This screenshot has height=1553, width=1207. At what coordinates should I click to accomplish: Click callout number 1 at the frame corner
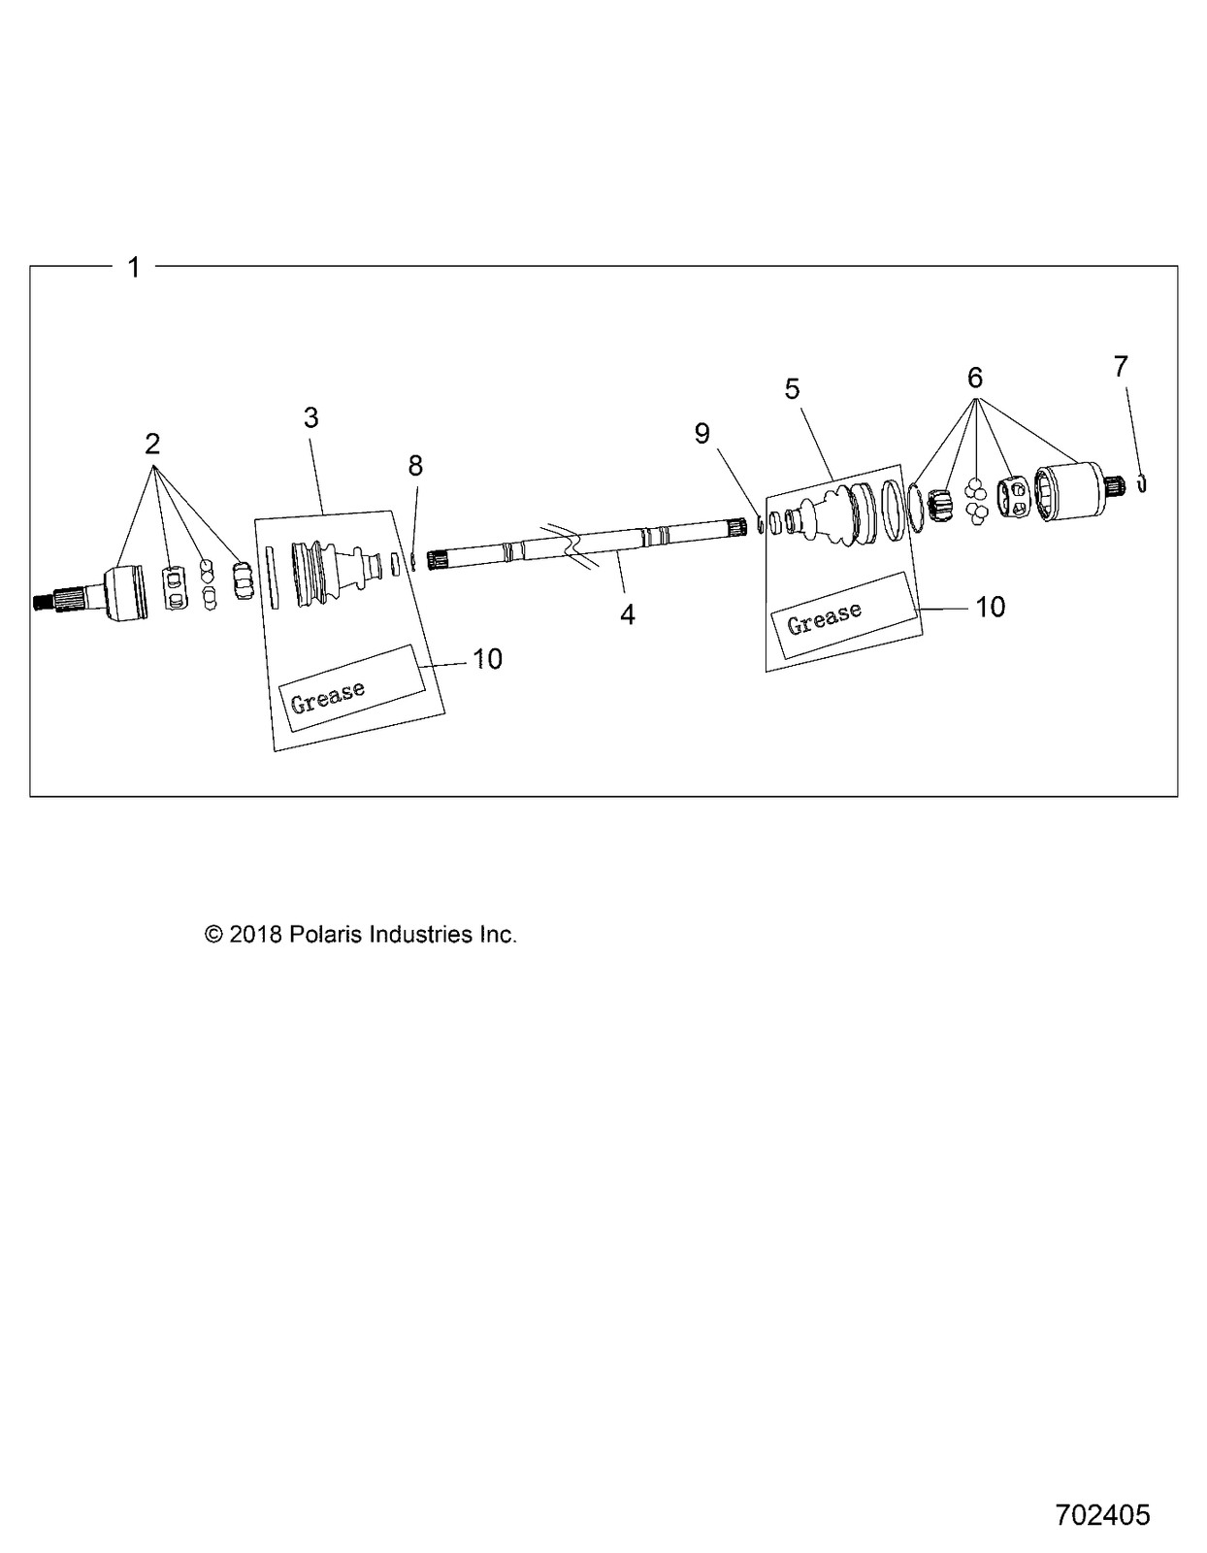(134, 267)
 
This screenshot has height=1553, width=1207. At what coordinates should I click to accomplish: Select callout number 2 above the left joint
(152, 444)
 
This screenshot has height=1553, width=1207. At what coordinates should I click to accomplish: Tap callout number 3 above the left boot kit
(310, 417)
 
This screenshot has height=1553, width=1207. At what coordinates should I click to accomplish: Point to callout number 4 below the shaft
(628, 614)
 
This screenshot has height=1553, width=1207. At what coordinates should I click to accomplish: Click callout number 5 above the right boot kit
(793, 389)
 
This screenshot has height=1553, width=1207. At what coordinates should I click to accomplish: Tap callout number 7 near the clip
(1121, 366)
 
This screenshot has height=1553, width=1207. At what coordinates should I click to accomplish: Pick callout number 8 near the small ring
(415, 466)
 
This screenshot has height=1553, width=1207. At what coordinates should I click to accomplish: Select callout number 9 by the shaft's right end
(702, 433)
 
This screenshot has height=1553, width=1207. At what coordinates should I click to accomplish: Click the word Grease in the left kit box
(328, 696)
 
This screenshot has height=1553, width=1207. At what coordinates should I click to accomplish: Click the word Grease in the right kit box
(824, 617)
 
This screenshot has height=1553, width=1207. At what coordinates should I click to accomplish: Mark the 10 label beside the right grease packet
(990, 607)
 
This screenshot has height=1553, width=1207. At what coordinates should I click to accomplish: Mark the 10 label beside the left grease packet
(487, 659)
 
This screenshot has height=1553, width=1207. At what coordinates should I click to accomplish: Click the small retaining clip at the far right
(1143, 482)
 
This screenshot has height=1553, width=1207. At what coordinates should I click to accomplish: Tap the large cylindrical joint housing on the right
(1067, 494)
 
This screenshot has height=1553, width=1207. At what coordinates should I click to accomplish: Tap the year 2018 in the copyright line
(256, 935)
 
